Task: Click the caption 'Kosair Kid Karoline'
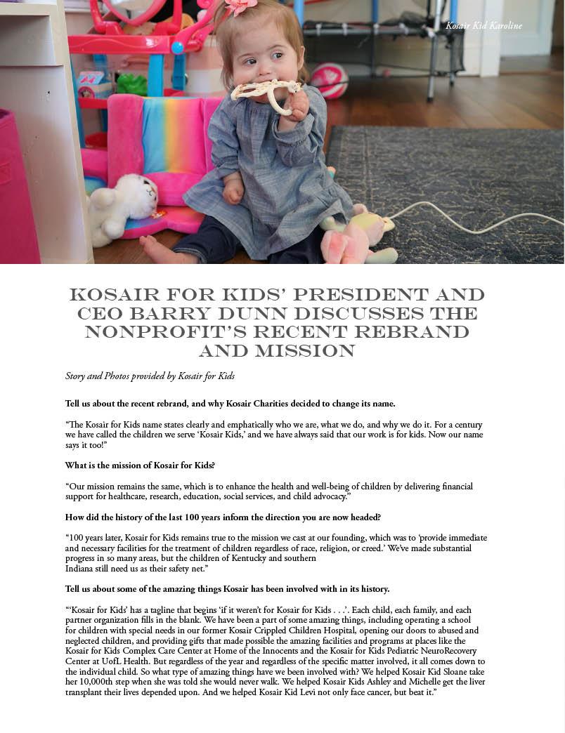click(x=483, y=26)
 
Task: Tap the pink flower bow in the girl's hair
click(x=241, y=6)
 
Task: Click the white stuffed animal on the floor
click(x=124, y=204)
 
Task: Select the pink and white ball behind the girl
click(x=328, y=79)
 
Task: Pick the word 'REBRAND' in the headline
click(x=415, y=331)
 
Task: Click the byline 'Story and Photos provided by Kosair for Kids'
click(x=150, y=376)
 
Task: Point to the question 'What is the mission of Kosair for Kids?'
click(x=140, y=465)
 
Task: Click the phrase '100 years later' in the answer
click(x=95, y=538)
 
